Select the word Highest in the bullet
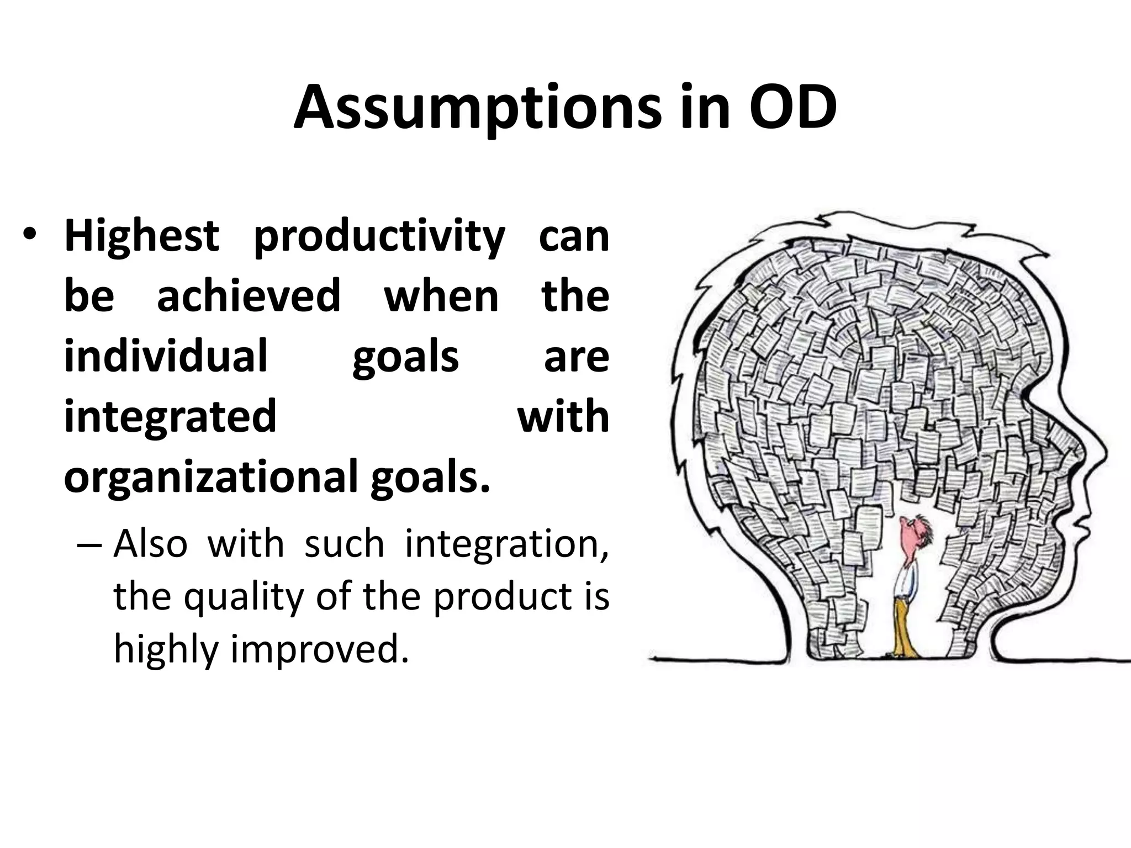(x=142, y=236)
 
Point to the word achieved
(x=249, y=296)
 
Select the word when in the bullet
(x=441, y=296)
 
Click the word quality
(x=244, y=597)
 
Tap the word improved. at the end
(x=319, y=649)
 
